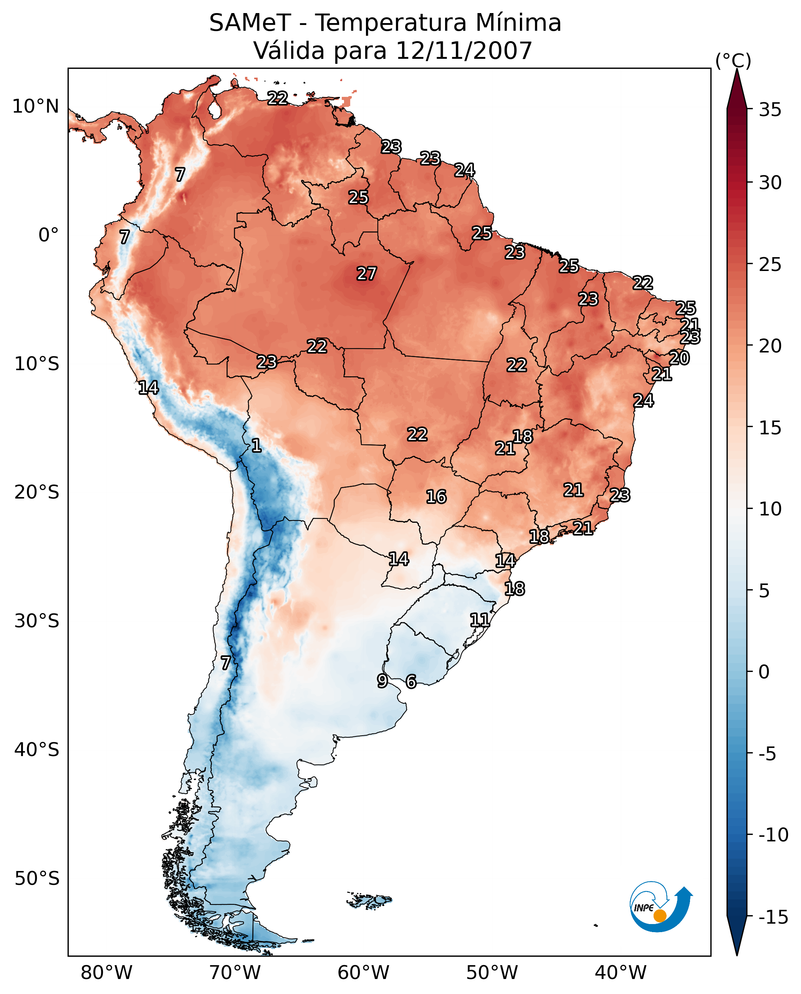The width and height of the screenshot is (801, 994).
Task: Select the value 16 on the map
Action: click(x=436, y=497)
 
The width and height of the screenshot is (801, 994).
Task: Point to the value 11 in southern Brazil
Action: click(x=480, y=620)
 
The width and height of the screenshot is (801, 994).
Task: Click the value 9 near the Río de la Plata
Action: click(x=382, y=680)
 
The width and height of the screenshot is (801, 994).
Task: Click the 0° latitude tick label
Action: click(x=48, y=235)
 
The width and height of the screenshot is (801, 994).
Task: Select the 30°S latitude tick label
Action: click(x=37, y=621)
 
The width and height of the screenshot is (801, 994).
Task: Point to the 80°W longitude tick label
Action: click(x=107, y=972)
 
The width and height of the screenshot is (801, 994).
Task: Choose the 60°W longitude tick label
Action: click(x=364, y=972)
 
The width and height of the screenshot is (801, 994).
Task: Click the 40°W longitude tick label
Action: click(x=621, y=972)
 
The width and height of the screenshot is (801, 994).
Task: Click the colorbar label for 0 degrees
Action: click(x=764, y=672)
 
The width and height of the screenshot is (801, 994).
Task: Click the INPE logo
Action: click(x=661, y=906)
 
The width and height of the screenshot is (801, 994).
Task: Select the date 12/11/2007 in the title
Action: click(x=464, y=50)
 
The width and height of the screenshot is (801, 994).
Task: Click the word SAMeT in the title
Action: click(x=250, y=23)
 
